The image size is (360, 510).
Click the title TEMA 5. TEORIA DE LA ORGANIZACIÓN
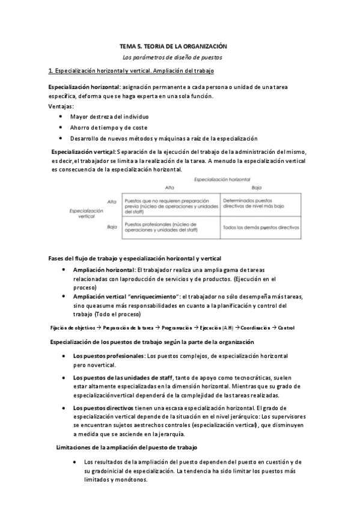pos(173,46)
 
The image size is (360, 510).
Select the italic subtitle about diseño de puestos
pos(172,58)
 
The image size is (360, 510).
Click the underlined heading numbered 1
pos(131,72)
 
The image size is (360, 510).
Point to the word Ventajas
pos(61,106)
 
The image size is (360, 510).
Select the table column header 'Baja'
pos(258,188)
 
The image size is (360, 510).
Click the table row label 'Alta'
pos(111,201)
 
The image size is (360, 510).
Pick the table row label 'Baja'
pos(111,227)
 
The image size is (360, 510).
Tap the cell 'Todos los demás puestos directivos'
pos(260,228)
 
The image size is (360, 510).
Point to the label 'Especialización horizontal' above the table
pos(222,179)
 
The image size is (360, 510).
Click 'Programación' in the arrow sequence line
pos(177,328)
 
